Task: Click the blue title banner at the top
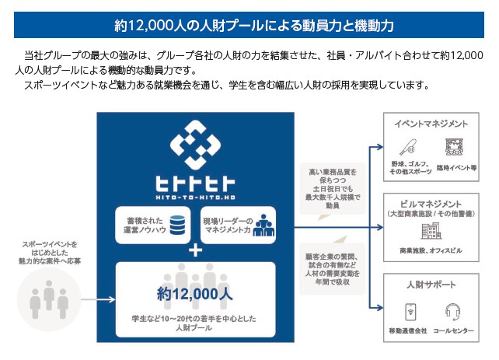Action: [249, 25]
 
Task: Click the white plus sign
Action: [195, 250]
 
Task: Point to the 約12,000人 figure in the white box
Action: [195, 295]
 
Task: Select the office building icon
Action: [430, 231]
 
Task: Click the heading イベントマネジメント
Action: [431, 124]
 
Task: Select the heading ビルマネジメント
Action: [431, 203]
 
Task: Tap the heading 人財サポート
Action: [431, 285]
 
